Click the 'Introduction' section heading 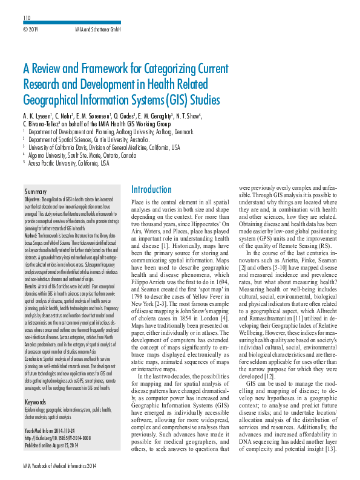[x=151, y=189]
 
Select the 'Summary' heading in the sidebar [x=36, y=191]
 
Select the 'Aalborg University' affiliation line [x=103, y=130]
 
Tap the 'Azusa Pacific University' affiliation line [x=69, y=163]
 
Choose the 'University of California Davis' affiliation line [x=104, y=146]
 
